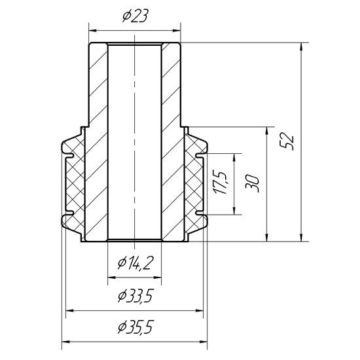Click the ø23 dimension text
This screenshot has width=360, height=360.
coord(134,18)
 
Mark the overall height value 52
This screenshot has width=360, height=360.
coord(287,141)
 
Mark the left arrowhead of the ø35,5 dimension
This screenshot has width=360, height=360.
coord(65,341)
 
